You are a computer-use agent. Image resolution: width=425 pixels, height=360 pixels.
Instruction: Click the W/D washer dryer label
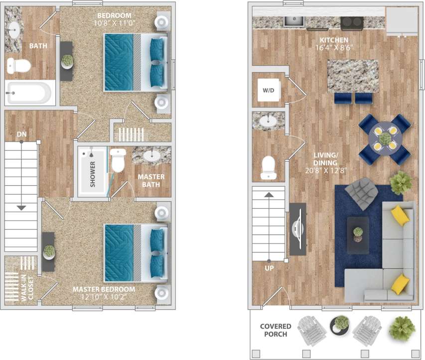(269, 90)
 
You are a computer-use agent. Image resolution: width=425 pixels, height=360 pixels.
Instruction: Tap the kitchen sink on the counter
(294, 21)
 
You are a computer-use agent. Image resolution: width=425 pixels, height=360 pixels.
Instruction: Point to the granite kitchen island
(353, 75)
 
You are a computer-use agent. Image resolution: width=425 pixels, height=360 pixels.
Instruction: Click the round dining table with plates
(385, 139)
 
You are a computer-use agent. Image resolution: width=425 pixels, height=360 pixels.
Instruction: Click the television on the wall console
(298, 229)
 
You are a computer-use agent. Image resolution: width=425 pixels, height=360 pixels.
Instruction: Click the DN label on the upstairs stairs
(21, 134)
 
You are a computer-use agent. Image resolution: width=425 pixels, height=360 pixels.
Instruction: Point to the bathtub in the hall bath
(28, 93)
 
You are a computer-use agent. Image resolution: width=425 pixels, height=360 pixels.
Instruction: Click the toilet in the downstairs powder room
(269, 167)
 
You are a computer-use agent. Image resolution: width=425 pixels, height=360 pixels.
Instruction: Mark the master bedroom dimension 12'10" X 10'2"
(104, 297)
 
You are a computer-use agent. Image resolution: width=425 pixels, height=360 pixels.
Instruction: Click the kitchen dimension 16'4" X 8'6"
(334, 48)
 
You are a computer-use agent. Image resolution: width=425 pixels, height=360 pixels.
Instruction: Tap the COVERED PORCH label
(276, 330)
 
